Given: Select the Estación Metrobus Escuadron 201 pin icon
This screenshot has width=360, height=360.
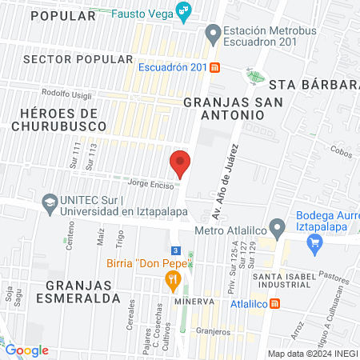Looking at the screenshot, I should pyautogui.click(x=212, y=34).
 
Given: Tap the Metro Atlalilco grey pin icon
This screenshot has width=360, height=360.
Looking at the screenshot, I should pyautogui.click(x=277, y=227).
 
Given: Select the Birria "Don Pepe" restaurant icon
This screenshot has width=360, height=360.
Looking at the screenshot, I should pyautogui.click(x=171, y=280).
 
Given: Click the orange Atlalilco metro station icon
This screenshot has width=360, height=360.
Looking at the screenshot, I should pyautogui.click(x=276, y=304).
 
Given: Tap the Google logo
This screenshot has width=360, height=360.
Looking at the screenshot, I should pyautogui.click(x=27, y=350).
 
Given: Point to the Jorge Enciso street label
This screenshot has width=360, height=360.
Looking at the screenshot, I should pyautogui.click(x=149, y=182).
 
